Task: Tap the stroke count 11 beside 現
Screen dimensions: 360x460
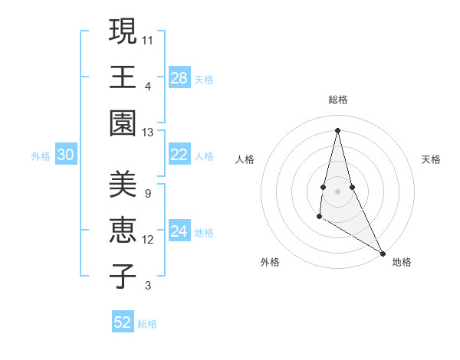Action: (148, 40)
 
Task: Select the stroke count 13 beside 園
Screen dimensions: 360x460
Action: (148, 132)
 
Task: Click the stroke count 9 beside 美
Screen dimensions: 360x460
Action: (147, 193)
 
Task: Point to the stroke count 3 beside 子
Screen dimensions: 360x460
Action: (147, 286)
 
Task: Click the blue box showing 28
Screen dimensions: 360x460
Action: (179, 78)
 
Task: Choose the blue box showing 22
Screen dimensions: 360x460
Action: (179, 155)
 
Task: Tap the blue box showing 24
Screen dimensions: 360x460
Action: (179, 231)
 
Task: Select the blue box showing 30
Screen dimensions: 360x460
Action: (66, 155)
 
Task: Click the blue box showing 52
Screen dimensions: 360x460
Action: (123, 322)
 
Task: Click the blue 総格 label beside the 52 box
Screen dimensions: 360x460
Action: (147, 324)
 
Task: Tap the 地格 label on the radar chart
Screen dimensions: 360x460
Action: (402, 262)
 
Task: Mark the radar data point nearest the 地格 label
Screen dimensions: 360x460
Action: (383, 254)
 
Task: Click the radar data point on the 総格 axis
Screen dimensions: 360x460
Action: (337, 129)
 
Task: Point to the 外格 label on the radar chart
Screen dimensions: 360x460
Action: (270, 262)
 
